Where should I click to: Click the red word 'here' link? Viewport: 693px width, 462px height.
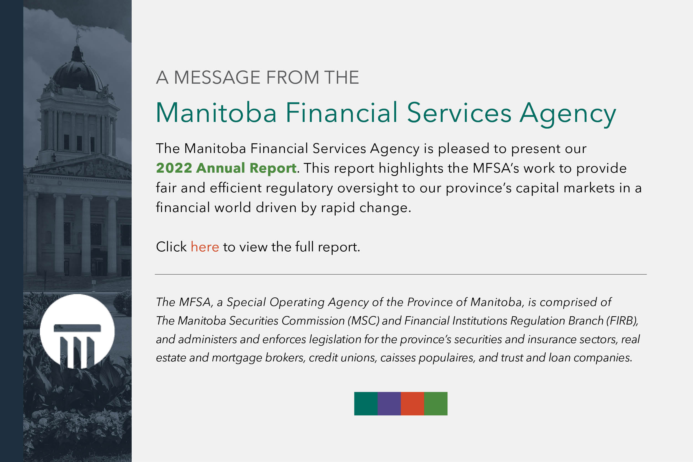pyautogui.click(x=205, y=247)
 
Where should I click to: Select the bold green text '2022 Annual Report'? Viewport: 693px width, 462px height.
pyautogui.click(x=226, y=168)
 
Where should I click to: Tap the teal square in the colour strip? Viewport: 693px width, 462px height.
pyautogui.click(x=366, y=403)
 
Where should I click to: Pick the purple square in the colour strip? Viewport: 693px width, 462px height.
pyautogui.click(x=389, y=403)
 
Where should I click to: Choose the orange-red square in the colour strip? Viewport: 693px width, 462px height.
pyautogui.click(x=412, y=403)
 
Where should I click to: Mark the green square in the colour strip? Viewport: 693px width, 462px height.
pyautogui.click(x=436, y=403)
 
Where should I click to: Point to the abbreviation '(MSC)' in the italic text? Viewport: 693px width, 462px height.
pyautogui.click(x=364, y=321)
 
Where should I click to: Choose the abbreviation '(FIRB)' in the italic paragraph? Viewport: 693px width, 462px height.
pyautogui.click(x=622, y=321)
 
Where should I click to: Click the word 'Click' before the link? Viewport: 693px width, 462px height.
pyautogui.click(x=171, y=247)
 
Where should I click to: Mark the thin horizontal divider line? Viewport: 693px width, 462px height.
pyautogui.click(x=401, y=274)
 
